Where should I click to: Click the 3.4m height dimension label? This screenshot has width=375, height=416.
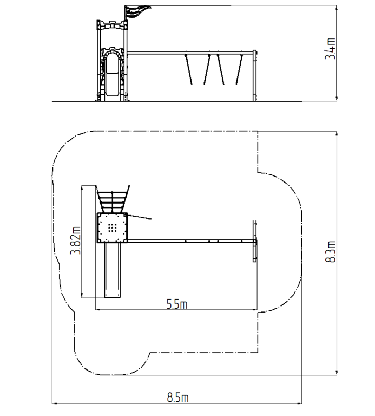pos(330,49)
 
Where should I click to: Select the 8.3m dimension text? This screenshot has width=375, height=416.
pos(330,251)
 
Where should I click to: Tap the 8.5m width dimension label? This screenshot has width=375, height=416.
pos(177,398)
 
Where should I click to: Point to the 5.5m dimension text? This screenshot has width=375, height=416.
pos(177,304)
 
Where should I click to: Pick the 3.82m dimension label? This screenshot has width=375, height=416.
pos(75,240)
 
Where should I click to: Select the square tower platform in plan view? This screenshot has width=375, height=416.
pos(112,227)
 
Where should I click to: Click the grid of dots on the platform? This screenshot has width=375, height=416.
pos(113,227)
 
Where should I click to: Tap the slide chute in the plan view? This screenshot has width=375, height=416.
pos(113,270)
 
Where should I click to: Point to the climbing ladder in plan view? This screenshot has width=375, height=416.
pos(113,199)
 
